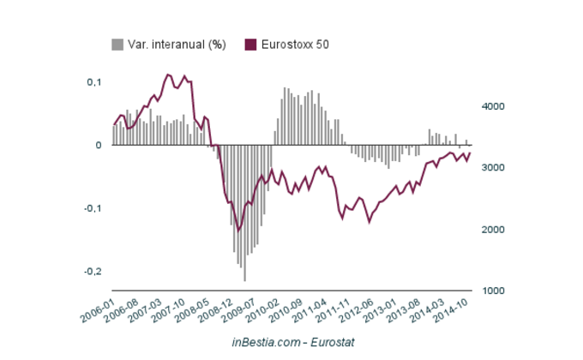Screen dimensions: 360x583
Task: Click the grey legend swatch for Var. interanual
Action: [x=117, y=45]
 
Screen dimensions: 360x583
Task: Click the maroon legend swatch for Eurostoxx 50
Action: [x=251, y=45]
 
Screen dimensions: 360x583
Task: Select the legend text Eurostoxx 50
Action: [x=294, y=45]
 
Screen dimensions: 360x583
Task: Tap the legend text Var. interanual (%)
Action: [x=177, y=45]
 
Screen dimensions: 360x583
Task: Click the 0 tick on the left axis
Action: [x=99, y=145]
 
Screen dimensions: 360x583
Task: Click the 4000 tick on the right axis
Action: [x=491, y=106]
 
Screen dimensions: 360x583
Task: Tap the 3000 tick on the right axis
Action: [x=491, y=168]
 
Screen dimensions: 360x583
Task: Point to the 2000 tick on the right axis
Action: [x=491, y=230]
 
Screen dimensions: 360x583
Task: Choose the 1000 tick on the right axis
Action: [x=491, y=291]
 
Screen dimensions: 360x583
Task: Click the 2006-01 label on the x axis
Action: [x=97, y=309]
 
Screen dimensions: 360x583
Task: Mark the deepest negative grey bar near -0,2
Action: [x=244, y=279]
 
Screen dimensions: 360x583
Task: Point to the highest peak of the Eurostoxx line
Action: [x=167, y=75]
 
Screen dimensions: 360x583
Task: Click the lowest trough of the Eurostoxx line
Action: [x=238, y=231]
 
